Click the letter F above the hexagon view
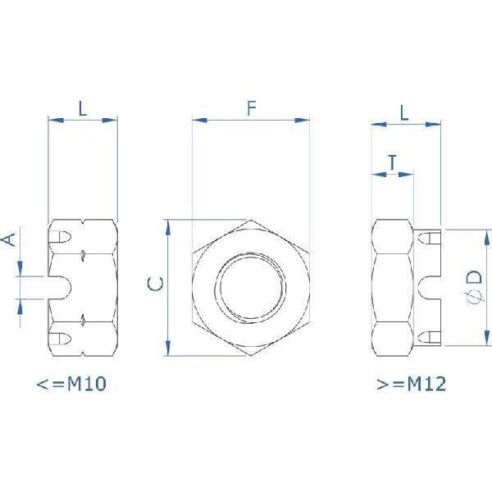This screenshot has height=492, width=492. (252, 107)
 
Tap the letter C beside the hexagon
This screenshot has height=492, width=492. (155, 285)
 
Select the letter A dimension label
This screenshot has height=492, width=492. (8, 239)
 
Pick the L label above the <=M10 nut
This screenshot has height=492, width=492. (83, 107)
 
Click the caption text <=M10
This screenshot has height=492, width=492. (72, 384)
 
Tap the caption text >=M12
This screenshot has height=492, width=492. (409, 384)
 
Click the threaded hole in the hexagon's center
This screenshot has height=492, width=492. (251, 288)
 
